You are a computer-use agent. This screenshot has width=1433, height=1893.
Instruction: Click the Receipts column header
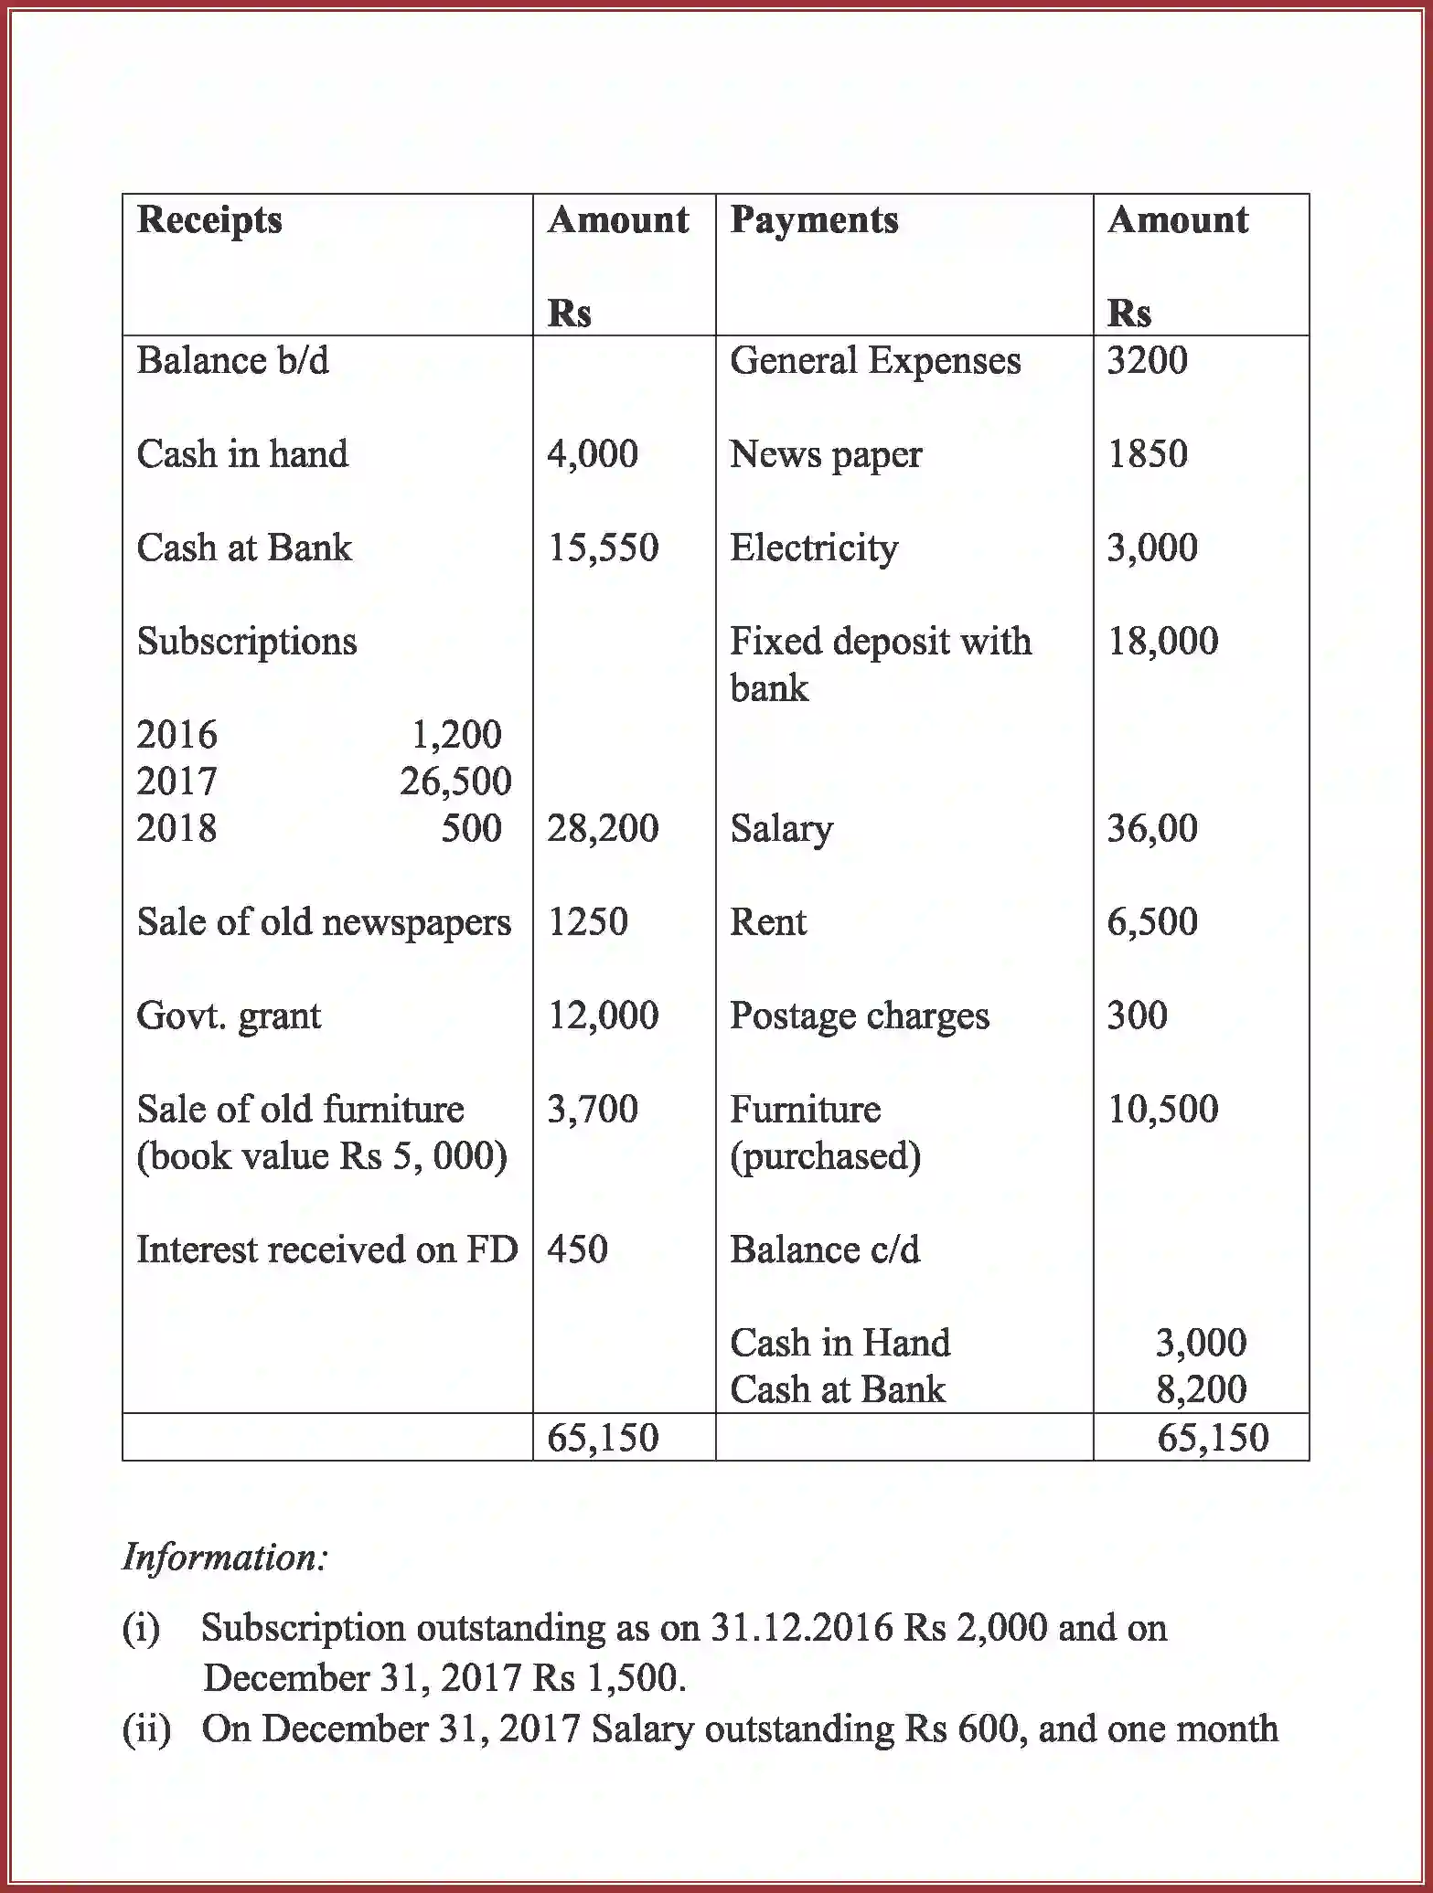click(209, 220)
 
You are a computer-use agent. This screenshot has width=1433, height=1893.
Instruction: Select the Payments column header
click(814, 220)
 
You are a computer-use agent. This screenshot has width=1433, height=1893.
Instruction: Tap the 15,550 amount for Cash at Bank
click(603, 548)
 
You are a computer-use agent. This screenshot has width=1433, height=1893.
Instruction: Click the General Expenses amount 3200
click(1147, 360)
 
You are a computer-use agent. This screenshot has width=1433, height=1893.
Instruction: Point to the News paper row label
click(826, 454)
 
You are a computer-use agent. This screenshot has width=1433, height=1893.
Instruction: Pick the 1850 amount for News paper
click(1147, 454)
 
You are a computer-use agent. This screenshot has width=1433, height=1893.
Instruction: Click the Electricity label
click(814, 548)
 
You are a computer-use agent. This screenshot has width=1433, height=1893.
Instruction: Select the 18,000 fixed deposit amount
click(1162, 642)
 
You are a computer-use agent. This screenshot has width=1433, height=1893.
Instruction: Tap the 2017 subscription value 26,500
click(455, 782)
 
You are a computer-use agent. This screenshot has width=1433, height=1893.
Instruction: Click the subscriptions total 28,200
click(603, 828)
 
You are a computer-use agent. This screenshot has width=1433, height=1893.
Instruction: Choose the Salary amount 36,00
click(1152, 828)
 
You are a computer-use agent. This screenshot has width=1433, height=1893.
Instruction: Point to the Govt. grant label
click(229, 1016)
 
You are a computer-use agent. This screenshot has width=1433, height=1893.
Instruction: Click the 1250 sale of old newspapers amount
click(587, 921)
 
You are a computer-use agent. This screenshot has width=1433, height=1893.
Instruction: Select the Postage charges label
click(860, 1016)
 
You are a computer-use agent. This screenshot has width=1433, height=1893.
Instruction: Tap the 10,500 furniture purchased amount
click(1162, 1109)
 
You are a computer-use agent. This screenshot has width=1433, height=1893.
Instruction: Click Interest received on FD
click(326, 1250)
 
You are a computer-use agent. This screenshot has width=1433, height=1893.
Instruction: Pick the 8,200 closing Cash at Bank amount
click(1201, 1389)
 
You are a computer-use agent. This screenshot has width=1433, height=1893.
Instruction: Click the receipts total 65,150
click(603, 1438)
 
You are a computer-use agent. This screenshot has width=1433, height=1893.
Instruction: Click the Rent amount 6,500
click(1152, 921)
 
